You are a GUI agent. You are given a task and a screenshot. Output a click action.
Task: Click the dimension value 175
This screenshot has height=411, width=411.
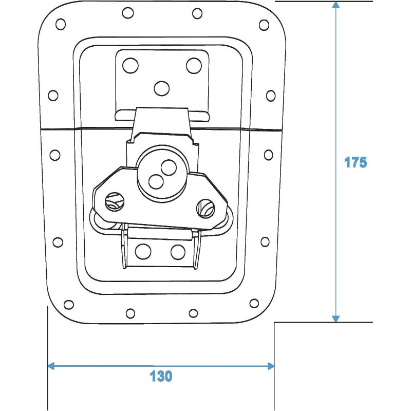[355, 162]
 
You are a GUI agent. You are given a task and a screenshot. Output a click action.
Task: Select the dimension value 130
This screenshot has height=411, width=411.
[161, 376]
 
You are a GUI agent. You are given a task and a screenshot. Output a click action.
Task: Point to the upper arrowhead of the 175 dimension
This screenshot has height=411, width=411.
[336, 5]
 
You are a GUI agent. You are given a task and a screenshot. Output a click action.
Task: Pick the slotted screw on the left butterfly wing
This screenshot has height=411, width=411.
[114, 202]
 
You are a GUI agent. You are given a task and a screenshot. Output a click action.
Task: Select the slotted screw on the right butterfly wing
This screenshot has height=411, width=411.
[205, 207]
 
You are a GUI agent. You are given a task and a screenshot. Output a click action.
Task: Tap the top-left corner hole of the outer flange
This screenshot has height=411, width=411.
[61, 24]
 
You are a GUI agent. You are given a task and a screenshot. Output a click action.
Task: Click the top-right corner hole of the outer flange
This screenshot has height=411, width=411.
[265, 25]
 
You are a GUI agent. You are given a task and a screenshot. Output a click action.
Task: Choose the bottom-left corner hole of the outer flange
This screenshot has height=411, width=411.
[67, 303]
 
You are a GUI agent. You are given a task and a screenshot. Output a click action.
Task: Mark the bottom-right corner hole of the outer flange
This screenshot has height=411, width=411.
[254, 303]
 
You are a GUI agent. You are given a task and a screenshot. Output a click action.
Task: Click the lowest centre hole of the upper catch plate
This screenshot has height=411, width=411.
[162, 88]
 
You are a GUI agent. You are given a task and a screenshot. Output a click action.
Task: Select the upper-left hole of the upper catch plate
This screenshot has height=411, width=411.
[130, 65]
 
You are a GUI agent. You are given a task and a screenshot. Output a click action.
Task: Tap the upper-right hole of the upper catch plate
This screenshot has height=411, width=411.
[194, 65]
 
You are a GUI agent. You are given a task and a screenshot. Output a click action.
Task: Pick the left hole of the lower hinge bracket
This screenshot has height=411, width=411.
[143, 252]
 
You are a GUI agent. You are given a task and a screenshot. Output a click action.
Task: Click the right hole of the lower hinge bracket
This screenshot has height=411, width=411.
[177, 252]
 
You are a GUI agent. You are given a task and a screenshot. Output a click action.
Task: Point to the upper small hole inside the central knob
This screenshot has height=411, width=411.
[167, 166]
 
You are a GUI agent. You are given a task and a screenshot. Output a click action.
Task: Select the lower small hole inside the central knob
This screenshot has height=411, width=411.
[155, 180]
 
